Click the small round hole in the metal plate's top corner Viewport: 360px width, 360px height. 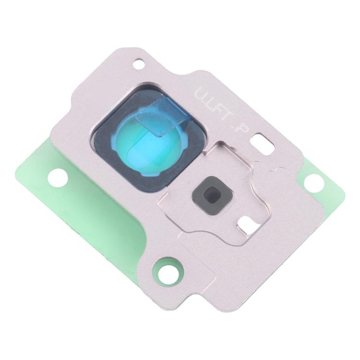tap(140, 62)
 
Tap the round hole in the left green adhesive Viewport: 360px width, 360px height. tap(57, 178)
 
